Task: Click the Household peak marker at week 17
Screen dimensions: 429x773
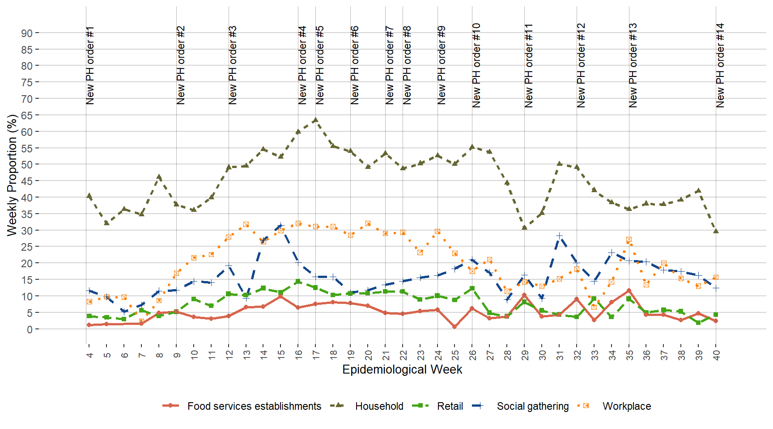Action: pyautogui.click(x=315, y=120)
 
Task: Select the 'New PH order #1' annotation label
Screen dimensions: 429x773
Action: pyautogui.click(x=90, y=65)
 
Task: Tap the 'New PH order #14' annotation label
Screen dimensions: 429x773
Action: pyautogui.click(x=720, y=65)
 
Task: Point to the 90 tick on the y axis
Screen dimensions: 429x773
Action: pyautogui.click(x=27, y=33)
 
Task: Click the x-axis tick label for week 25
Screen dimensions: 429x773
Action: pyautogui.click(x=455, y=355)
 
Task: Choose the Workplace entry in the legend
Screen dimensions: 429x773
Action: pyautogui.click(x=626, y=406)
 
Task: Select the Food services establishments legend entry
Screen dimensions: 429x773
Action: pyautogui.click(x=254, y=406)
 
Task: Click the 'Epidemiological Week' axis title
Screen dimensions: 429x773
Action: pyautogui.click(x=402, y=370)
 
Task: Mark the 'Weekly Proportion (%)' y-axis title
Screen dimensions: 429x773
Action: pyautogui.click(x=12, y=175)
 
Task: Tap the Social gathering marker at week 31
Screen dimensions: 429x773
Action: pyautogui.click(x=559, y=236)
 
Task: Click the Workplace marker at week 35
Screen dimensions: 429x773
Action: pyautogui.click(x=629, y=240)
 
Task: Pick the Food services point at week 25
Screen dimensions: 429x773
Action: pyautogui.click(x=454, y=327)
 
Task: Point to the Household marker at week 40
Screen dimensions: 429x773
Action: pyautogui.click(x=716, y=231)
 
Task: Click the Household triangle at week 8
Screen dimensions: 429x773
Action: pyautogui.click(x=159, y=177)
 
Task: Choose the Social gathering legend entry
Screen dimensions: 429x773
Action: pyautogui.click(x=532, y=406)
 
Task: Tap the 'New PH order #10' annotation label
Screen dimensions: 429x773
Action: pyautogui.click(x=476, y=65)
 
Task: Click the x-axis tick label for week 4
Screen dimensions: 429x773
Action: pyautogui.click(x=89, y=355)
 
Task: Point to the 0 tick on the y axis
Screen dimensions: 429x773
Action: pyautogui.click(x=30, y=329)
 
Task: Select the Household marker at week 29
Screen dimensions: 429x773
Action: pyautogui.click(x=524, y=227)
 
